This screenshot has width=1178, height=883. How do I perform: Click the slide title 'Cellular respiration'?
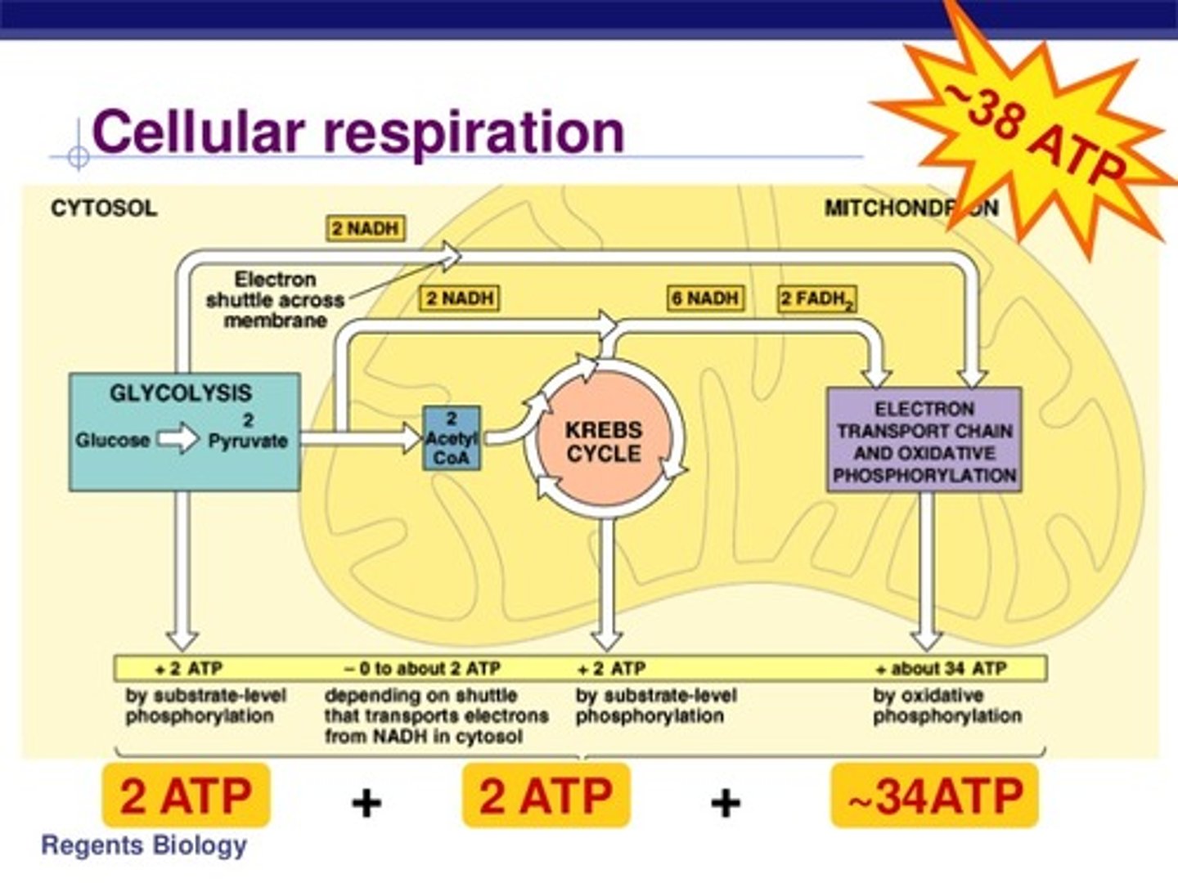(x=358, y=132)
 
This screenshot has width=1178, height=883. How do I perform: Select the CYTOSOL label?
(x=103, y=208)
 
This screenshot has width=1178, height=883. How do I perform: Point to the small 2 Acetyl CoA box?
(x=452, y=439)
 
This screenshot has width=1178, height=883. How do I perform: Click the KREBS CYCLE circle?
(x=604, y=441)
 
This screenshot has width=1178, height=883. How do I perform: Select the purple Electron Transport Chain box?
(x=924, y=441)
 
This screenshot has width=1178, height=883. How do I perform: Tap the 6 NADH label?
(x=704, y=298)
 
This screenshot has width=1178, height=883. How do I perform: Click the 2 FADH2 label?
(x=816, y=299)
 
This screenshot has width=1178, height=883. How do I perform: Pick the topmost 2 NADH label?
(x=366, y=228)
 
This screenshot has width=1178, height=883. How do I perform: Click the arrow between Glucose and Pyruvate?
(x=178, y=440)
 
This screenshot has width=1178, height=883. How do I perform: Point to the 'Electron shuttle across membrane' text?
(x=275, y=300)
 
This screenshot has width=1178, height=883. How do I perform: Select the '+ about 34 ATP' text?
(x=941, y=669)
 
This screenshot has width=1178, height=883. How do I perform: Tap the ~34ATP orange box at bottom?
(x=934, y=796)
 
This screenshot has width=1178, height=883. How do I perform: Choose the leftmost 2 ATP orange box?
(x=186, y=796)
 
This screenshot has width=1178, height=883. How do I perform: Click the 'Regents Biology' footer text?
(x=144, y=845)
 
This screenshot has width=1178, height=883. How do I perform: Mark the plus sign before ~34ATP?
(x=725, y=803)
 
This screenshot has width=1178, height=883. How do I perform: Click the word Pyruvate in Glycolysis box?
(x=247, y=441)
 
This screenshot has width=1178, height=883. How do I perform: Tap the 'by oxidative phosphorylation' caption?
(x=946, y=706)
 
